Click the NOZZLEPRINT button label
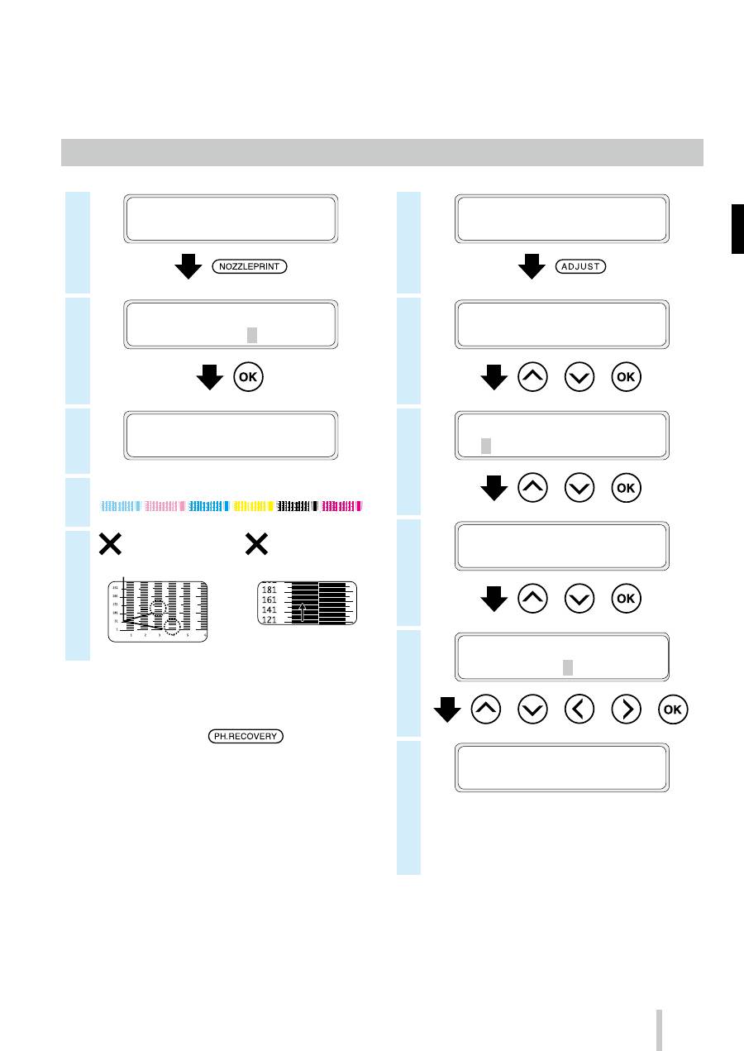249,267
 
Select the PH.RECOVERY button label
245,735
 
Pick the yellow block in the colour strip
253,505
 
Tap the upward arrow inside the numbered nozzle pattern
303,610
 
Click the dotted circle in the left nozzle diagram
172,626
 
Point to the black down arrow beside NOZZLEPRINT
189,267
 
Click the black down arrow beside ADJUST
531,267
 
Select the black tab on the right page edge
737,230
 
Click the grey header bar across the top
382,152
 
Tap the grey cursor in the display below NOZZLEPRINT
252,334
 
